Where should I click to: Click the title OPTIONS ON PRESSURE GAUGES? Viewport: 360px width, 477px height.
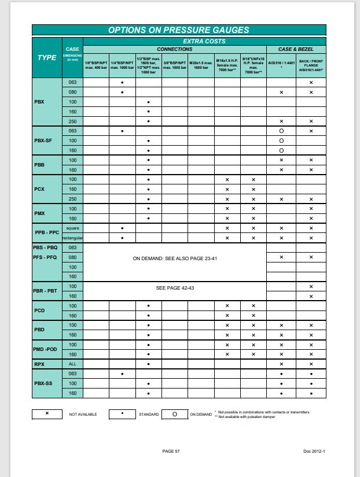[x=178, y=30]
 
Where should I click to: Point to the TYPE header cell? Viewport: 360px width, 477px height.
[x=47, y=58]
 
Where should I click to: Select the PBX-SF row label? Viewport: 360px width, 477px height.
[x=45, y=141]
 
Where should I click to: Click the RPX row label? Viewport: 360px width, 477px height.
[x=39, y=364]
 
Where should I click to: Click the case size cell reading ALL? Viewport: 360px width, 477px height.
[x=73, y=364]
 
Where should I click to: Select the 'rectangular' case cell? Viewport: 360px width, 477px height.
[x=73, y=238]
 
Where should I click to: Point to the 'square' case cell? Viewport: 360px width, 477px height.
[x=73, y=228]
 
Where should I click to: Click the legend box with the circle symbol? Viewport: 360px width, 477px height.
[x=175, y=414]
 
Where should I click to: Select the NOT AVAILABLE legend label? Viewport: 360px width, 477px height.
[x=83, y=415]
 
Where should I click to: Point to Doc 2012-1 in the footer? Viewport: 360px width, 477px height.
[x=314, y=450]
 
